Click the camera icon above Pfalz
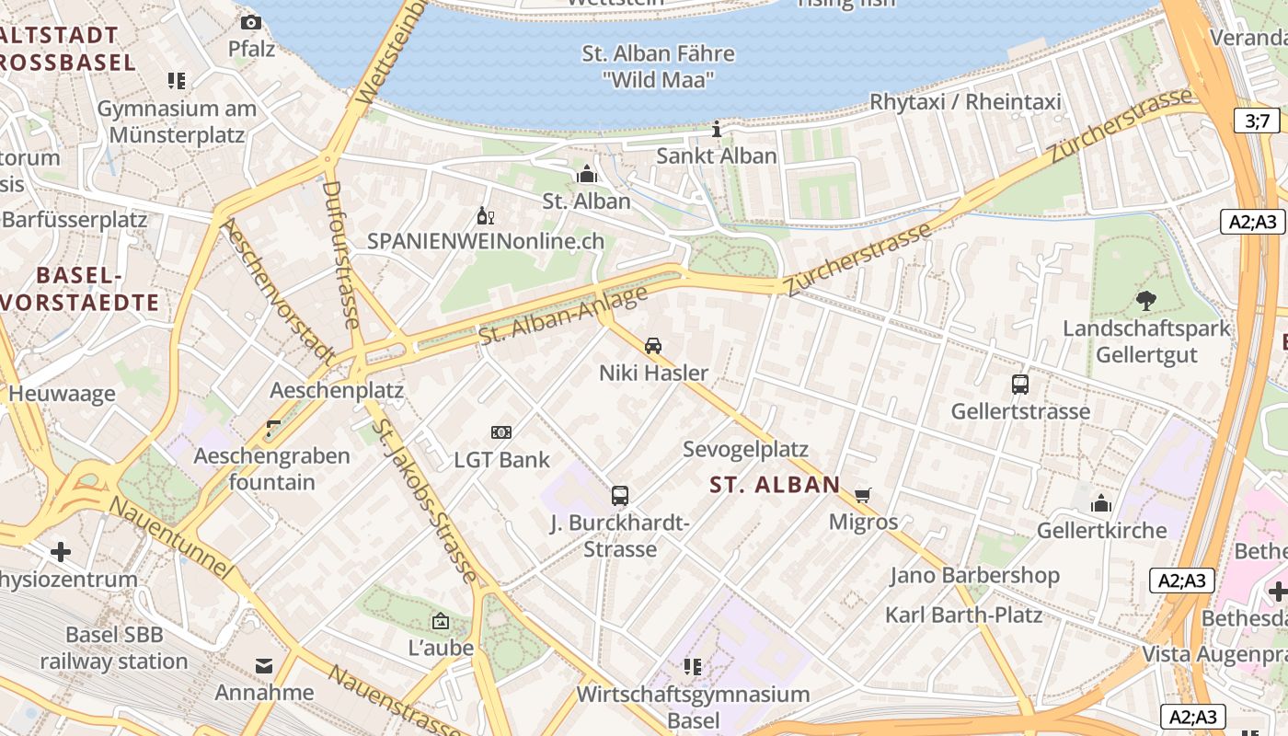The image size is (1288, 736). (x=251, y=23)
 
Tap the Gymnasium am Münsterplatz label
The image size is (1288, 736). (x=177, y=121)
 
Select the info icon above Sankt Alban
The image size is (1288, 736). (x=717, y=130)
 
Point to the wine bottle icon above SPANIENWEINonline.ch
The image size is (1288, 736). (x=485, y=217)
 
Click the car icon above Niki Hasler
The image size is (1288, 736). (x=653, y=346)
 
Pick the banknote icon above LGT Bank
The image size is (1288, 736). (x=501, y=432)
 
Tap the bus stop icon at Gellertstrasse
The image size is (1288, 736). (x=1020, y=385)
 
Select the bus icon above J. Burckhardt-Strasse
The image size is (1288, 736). (x=620, y=496)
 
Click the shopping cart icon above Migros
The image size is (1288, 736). (x=863, y=496)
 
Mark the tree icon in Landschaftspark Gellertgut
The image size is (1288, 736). (x=1146, y=301)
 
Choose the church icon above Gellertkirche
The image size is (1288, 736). (x=1101, y=503)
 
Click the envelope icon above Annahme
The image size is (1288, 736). (x=265, y=665)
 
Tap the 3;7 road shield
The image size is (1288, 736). (x=1257, y=121)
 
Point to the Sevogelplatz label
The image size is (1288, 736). (x=745, y=449)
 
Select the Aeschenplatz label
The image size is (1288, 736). (x=337, y=390)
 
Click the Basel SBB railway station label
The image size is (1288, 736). (x=114, y=648)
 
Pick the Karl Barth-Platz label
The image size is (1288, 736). (x=963, y=615)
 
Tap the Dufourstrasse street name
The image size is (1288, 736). (x=339, y=254)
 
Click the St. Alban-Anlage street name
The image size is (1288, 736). (x=563, y=316)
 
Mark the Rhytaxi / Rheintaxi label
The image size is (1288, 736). (x=965, y=101)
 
